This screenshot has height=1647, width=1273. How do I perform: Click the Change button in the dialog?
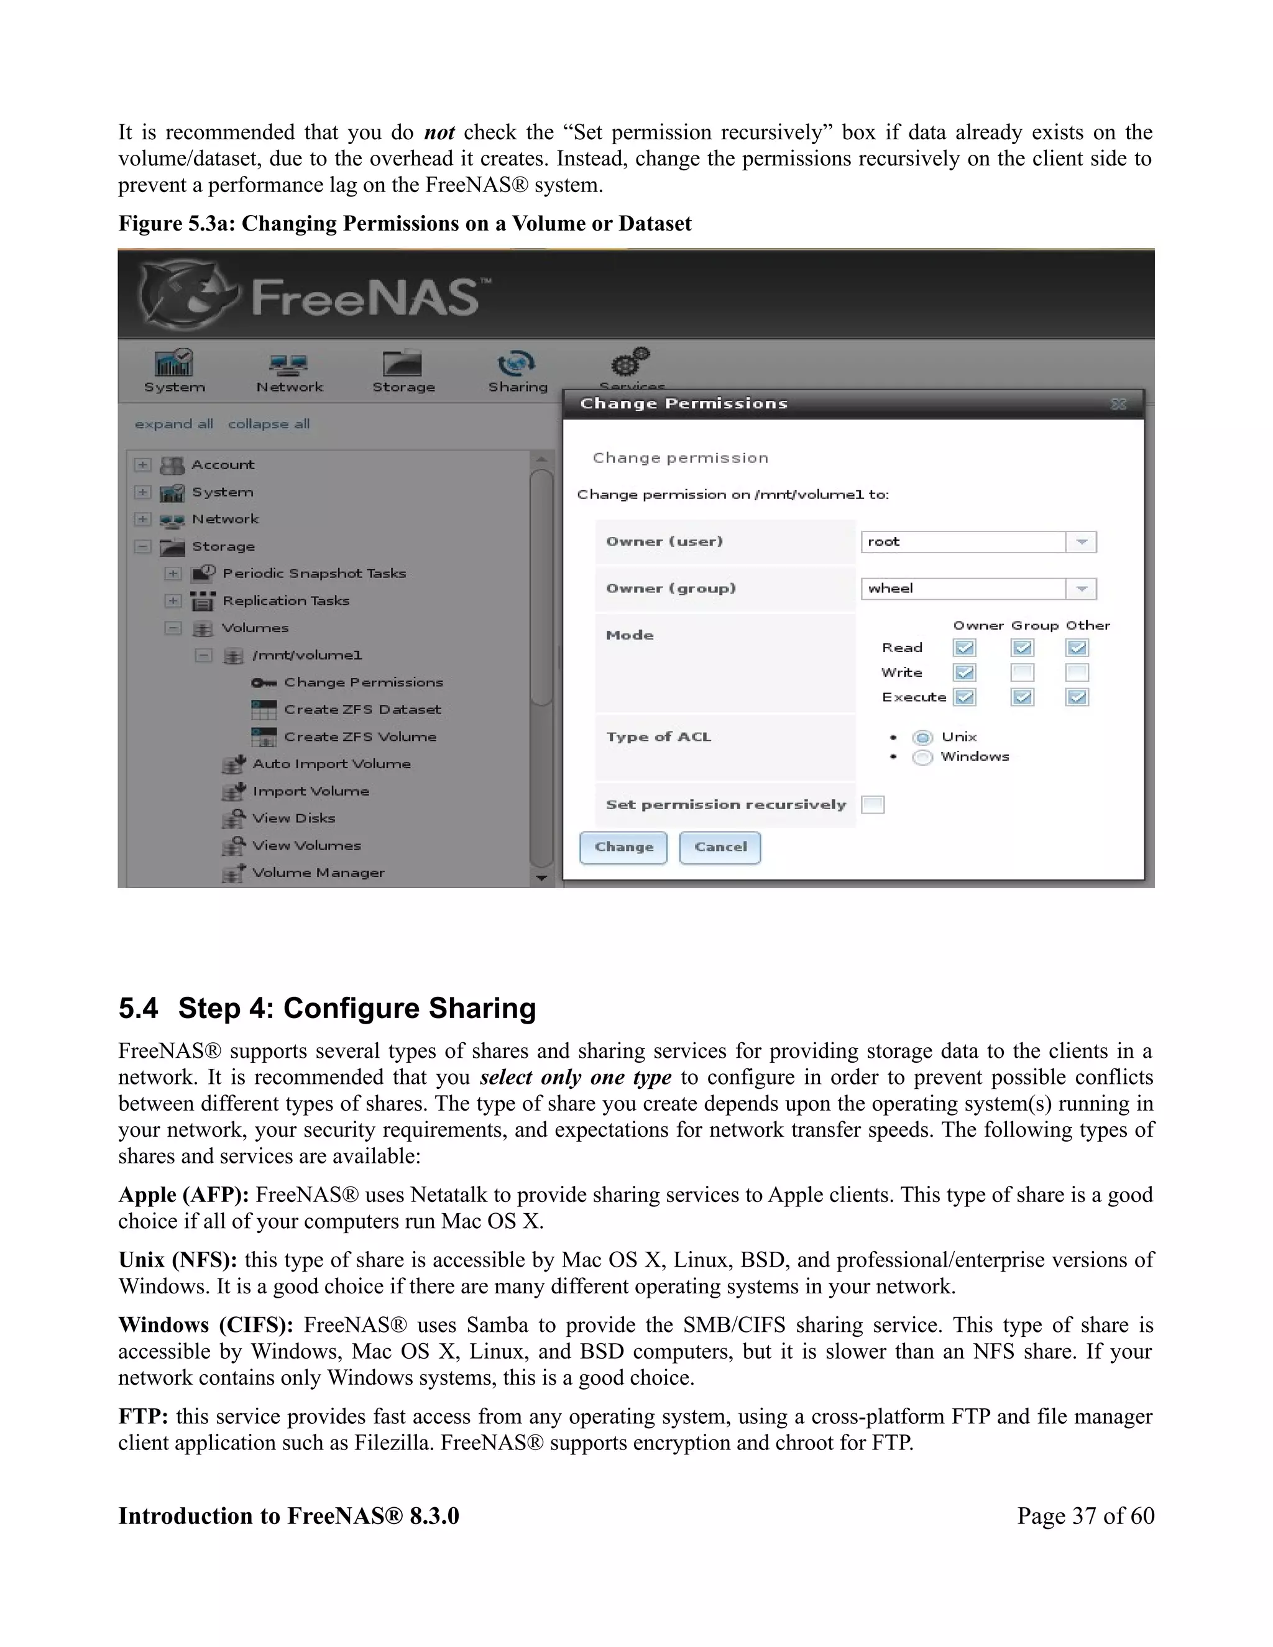623,847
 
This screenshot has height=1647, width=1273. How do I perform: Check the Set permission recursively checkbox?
873,805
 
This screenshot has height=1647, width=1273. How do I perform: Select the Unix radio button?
922,738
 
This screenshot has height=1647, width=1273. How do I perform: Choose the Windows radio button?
922,757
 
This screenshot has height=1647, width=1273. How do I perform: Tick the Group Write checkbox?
1022,672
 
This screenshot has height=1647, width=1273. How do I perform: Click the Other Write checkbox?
1077,672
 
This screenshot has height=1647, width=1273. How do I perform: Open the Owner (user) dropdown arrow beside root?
1082,542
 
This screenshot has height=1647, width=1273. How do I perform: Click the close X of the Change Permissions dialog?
1118,404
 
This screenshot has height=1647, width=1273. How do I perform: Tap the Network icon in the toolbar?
289,365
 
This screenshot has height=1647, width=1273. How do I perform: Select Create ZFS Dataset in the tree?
362,710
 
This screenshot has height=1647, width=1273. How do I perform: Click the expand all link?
173,424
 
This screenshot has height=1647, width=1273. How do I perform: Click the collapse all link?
269,424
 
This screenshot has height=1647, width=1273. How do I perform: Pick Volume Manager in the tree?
318,873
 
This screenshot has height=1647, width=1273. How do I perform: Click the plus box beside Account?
142,464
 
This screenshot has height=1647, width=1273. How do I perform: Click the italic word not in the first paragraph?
439,133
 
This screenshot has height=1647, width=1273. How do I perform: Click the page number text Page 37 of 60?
1085,1516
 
